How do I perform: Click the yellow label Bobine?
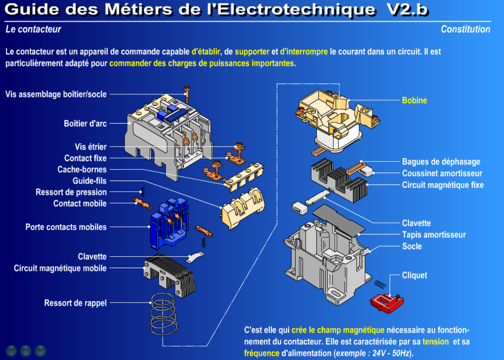pos(414,101)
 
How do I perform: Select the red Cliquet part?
pos(386,303)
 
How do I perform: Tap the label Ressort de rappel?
pos(75,303)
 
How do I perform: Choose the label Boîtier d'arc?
pos(85,124)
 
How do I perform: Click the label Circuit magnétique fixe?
pos(443,185)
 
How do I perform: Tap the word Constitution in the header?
pos(465,29)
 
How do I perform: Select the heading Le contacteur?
pos(33,29)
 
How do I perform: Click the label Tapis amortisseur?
pos(434,235)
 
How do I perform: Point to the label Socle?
pos(412,246)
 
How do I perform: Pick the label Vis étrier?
pos(91,147)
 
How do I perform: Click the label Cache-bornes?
pos(82,170)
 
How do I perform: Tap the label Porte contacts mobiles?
pos(66,227)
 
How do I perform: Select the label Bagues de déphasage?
pos(441,162)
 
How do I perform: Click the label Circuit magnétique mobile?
pos(60,269)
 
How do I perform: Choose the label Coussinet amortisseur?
pos(442,173)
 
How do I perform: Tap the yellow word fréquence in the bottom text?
pos(262,353)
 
